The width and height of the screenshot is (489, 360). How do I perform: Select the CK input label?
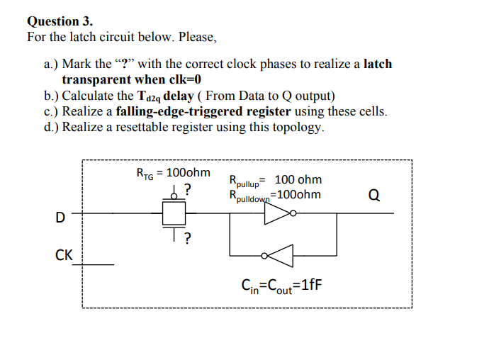(64, 254)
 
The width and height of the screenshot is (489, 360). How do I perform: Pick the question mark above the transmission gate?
(186, 189)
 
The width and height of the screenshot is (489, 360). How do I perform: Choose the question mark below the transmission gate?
(186, 238)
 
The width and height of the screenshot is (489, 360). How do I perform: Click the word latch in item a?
(377, 64)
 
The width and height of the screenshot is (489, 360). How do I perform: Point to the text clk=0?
(174, 80)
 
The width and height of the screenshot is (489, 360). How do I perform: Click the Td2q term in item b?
(147, 96)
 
